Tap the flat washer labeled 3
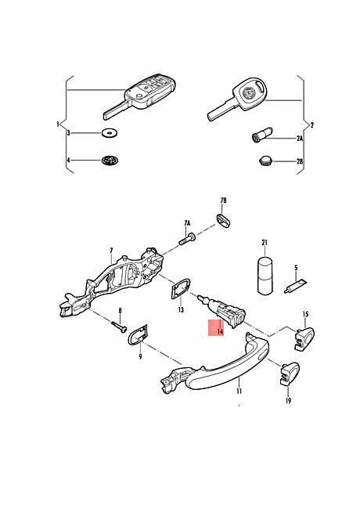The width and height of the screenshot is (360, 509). (x=109, y=133)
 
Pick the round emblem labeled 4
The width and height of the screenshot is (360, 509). (x=110, y=160)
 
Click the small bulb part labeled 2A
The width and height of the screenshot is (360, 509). (x=261, y=135)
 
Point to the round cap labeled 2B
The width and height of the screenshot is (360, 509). (x=265, y=161)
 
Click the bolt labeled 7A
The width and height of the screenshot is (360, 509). (x=187, y=240)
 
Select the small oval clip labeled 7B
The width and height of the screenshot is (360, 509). (x=223, y=220)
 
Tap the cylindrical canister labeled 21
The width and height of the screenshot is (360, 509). (x=265, y=276)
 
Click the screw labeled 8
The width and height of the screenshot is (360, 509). (x=119, y=327)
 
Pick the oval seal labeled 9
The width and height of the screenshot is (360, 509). (x=139, y=334)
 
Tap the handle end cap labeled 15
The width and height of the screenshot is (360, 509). (x=304, y=339)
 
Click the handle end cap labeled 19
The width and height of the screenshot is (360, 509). (x=290, y=374)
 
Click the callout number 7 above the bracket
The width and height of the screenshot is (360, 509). (x=111, y=251)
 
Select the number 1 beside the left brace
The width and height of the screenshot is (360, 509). (x=58, y=124)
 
